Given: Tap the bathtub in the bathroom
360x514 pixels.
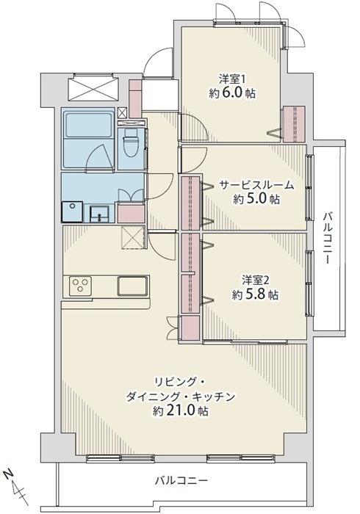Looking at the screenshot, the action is pos(88,125).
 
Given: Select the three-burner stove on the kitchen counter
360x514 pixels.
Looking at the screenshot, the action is pos(80,285).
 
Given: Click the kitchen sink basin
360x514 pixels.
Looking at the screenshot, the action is pos(132,286).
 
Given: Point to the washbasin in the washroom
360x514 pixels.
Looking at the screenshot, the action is pos(100,214).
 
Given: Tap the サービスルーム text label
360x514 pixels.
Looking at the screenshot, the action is pos(256,186).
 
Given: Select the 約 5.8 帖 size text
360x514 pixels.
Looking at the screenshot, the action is pos(256,295).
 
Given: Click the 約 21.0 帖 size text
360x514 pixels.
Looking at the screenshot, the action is pos(181,410).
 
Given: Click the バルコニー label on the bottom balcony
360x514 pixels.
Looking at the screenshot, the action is pos(181,481).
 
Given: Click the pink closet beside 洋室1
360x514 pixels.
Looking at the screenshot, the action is pos(295,124).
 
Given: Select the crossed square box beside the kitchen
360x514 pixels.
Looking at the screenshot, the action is pos(133,237).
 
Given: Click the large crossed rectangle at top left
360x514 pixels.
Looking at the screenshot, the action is pos(93,87).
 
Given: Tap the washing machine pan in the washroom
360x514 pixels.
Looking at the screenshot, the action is pos(72,211).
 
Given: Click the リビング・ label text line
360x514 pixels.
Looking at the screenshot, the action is pos(180,383).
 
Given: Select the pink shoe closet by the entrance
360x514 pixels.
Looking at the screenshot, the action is pos(135,98).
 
